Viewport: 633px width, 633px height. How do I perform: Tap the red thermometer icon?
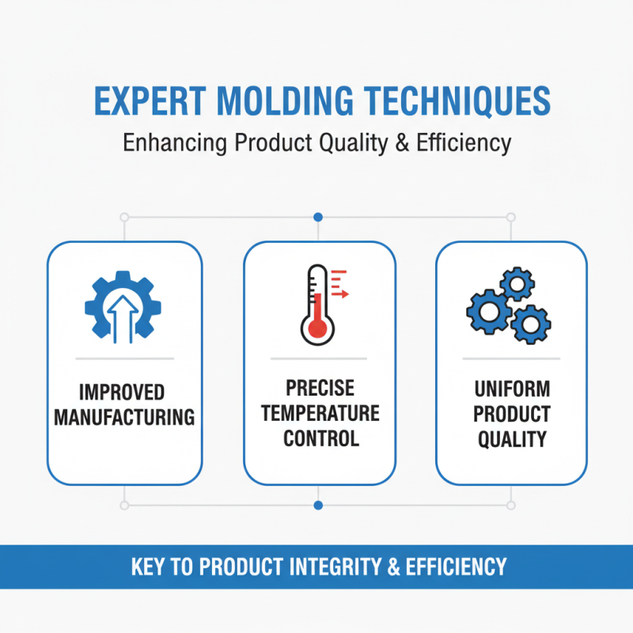click(316, 304)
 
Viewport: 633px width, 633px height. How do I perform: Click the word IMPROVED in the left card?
click(123, 393)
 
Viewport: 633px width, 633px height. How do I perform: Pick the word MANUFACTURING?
click(123, 417)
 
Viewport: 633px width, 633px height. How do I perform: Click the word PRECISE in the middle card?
click(320, 389)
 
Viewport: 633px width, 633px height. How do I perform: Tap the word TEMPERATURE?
click(320, 413)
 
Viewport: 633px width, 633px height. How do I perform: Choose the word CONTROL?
click(320, 438)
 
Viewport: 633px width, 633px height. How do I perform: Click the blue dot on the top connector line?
click(317, 216)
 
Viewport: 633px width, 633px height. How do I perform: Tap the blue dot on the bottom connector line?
click(317, 504)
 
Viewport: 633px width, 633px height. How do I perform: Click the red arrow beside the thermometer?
click(341, 294)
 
